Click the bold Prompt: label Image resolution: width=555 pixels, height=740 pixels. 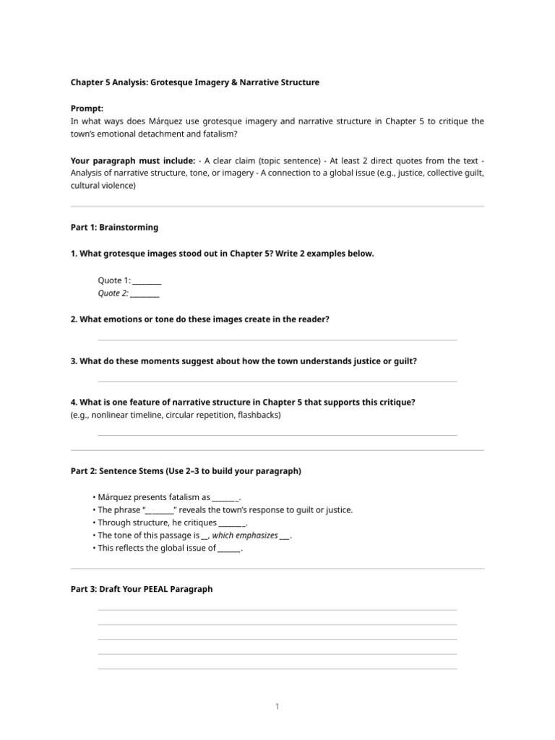coord(87,108)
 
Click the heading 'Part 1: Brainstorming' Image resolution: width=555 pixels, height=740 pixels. coord(114,227)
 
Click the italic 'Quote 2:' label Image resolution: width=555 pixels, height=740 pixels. coord(113,293)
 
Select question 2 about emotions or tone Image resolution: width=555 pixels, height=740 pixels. coord(199,319)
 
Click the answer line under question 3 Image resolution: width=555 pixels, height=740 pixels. coord(277,382)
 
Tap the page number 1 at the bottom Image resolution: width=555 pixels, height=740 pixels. coord(277,706)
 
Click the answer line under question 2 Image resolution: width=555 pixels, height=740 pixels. coord(277,340)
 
